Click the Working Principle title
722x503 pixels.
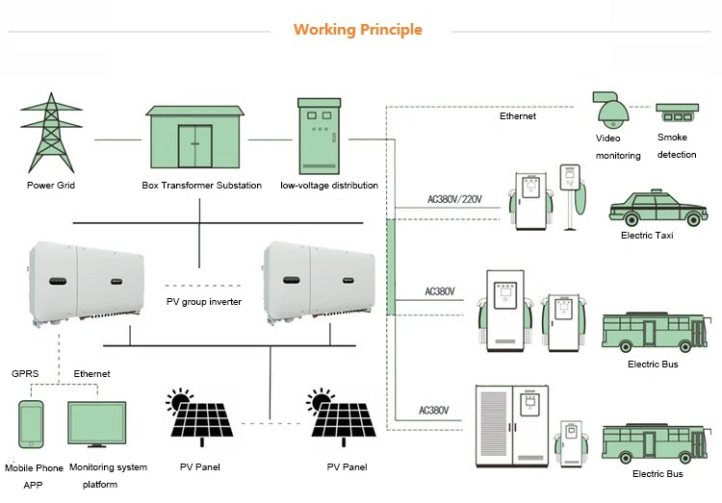click(358, 29)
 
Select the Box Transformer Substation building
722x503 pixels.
click(199, 138)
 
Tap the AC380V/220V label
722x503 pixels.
click(454, 200)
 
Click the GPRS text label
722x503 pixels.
click(25, 373)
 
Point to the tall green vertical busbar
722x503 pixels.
click(391, 266)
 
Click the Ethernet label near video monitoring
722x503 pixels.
click(517, 116)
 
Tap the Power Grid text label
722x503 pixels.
click(50, 185)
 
